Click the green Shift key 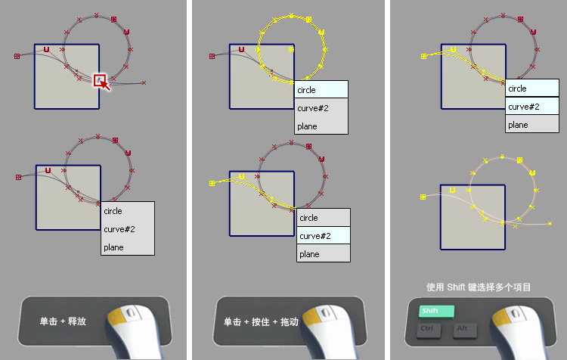pos(436,311)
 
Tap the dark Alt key pos(465,331)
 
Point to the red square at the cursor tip pos(100,80)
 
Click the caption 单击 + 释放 pos(63,321)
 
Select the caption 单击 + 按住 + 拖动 pos(261,321)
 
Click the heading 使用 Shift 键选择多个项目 pos(479,287)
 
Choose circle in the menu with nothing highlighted pos(113,211)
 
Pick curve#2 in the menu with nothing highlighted pos(119,229)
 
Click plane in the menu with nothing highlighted pos(113,247)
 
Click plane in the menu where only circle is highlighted pos(307,126)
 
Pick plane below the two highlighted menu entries pos(518,125)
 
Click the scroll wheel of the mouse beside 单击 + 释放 pos(132,312)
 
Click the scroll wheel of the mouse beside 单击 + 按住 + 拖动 pos(326,312)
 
